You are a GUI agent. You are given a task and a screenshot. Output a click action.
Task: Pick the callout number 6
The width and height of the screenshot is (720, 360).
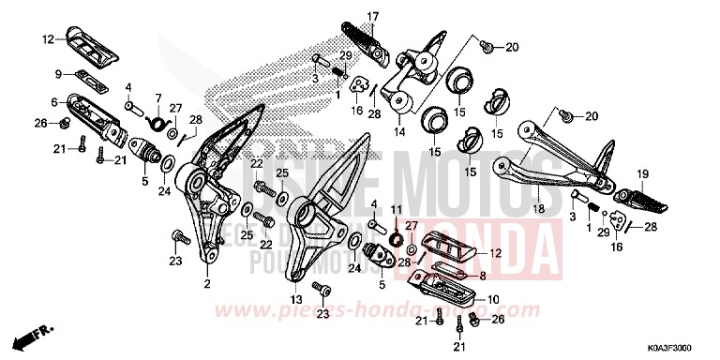(x=54, y=101)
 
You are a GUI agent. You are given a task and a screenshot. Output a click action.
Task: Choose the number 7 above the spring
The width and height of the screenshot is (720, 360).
(x=158, y=97)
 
